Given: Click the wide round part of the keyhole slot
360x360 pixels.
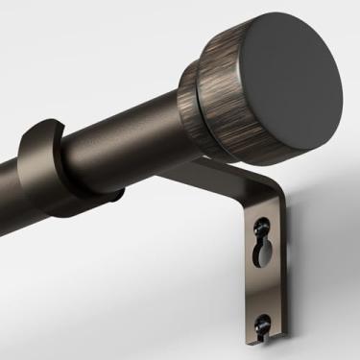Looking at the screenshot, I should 261,253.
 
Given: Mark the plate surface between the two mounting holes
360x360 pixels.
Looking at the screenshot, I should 262,290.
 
